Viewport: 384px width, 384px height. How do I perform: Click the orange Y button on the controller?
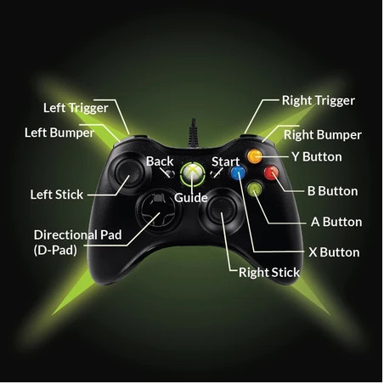point(254,156)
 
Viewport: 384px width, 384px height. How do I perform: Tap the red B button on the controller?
point(271,172)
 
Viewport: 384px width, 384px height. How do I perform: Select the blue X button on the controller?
point(238,172)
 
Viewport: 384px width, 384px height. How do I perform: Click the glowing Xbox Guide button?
point(193,174)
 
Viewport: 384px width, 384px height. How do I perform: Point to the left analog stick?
point(127,172)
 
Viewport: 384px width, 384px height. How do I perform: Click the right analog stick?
point(222,209)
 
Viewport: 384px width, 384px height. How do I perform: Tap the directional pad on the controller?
point(157,210)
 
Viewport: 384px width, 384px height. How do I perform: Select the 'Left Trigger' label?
point(76,108)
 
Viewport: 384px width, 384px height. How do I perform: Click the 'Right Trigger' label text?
point(319,100)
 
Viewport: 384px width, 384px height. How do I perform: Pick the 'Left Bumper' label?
point(59,133)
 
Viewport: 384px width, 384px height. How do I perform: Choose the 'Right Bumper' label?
point(323,135)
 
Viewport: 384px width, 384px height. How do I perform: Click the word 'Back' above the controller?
point(160,161)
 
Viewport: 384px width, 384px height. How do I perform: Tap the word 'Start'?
point(226,161)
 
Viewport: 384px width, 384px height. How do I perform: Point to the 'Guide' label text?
point(191,198)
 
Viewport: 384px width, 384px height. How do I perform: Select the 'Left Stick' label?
point(57,195)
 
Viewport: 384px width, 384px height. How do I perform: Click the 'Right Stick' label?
point(269,273)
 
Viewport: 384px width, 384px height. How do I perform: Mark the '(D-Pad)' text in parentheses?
point(55,251)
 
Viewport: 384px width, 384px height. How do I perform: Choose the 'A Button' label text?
point(336,222)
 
